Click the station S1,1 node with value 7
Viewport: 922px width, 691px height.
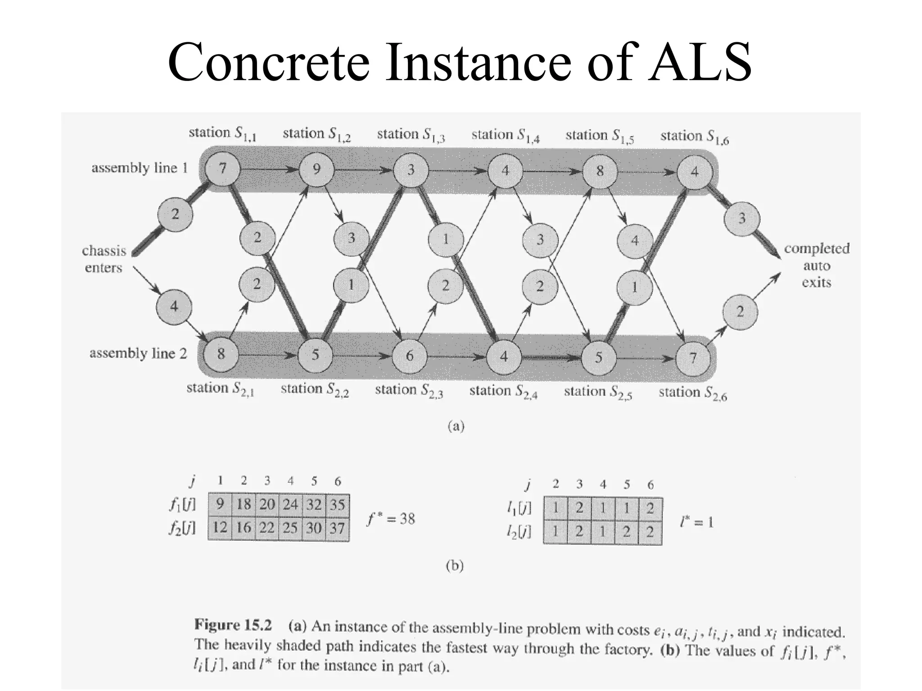point(222,169)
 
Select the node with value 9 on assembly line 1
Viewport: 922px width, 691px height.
point(316,170)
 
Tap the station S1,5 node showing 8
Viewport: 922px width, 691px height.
point(600,171)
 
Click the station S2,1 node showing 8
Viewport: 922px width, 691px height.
point(221,354)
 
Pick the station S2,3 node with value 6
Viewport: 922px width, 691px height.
point(410,356)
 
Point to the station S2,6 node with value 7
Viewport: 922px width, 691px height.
point(693,358)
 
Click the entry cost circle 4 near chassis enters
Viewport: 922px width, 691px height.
point(174,307)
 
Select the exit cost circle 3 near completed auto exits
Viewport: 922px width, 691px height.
point(741,219)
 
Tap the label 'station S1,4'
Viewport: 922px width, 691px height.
point(505,135)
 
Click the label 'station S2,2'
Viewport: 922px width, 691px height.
point(315,390)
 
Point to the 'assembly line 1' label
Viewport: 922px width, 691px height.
point(140,168)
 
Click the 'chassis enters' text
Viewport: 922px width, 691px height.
point(104,259)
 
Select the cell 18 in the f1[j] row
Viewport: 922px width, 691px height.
point(244,504)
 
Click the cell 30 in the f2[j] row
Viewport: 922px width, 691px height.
point(314,527)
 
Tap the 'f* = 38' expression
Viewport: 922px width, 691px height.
point(391,519)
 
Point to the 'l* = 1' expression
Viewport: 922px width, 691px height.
point(697,522)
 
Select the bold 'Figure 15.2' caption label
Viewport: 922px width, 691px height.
point(233,625)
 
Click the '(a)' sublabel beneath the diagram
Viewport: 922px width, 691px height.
point(456,426)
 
